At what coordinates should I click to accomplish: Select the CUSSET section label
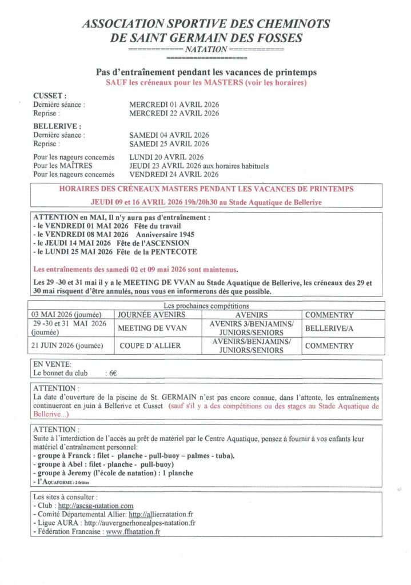coord(50,96)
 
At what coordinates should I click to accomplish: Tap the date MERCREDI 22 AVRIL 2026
coord(174,113)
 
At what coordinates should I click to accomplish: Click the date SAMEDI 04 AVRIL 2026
coord(169,135)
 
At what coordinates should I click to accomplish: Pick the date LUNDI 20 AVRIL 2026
coord(166,157)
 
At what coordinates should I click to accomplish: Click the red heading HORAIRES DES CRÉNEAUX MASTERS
coord(206,189)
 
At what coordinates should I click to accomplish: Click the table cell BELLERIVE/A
coord(329,328)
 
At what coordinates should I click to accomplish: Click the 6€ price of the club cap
coord(113,373)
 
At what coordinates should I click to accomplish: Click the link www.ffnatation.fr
coord(133,531)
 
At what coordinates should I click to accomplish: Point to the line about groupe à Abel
coord(94,464)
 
